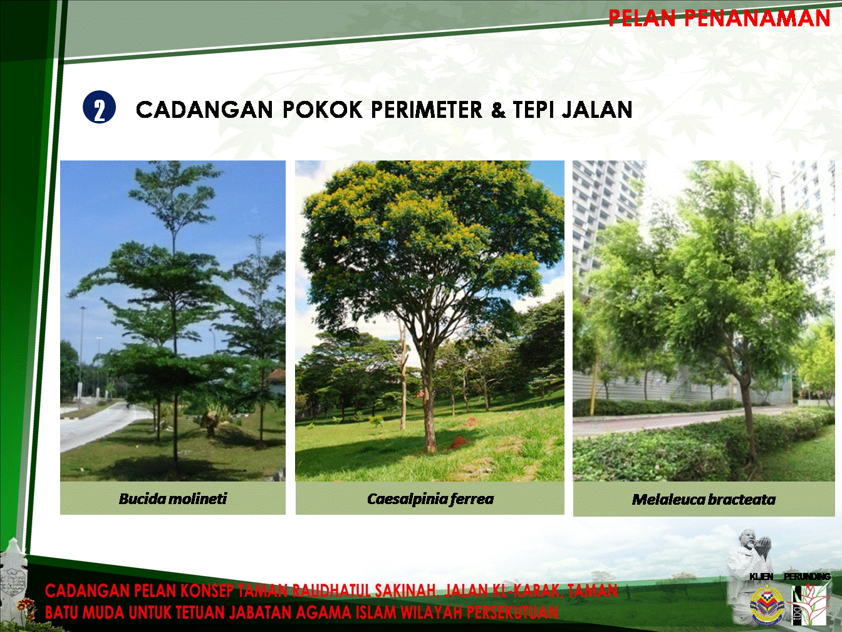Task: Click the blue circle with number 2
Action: (x=100, y=107)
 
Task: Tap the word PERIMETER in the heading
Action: (x=426, y=110)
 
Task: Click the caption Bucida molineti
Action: (x=173, y=498)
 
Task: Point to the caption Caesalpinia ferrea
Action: (x=430, y=499)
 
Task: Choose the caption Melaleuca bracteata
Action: (x=704, y=499)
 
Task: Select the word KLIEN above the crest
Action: (x=761, y=577)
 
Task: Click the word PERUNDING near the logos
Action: (x=807, y=576)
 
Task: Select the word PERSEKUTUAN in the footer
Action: (x=512, y=612)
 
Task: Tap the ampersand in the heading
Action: (x=497, y=110)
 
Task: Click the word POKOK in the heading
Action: (x=322, y=110)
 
